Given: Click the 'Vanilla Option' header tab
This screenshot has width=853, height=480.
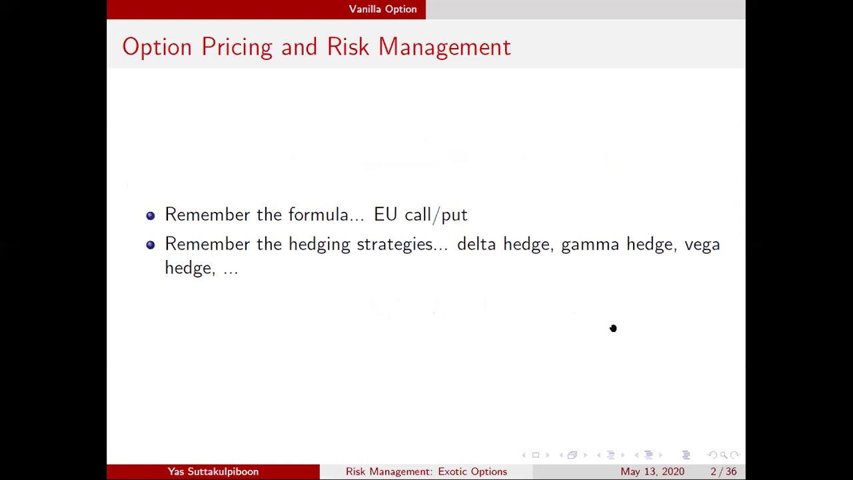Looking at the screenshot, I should pyautogui.click(x=383, y=9).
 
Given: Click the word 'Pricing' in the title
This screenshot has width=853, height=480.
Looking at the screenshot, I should pyautogui.click(x=237, y=47).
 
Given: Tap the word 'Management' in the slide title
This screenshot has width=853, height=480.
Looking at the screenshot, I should pyautogui.click(x=444, y=47).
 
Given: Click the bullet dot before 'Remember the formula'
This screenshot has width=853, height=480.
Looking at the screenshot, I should pyautogui.click(x=151, y=215).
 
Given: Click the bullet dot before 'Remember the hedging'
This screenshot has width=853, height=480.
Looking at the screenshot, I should pyautogui.click(x=151, y=245).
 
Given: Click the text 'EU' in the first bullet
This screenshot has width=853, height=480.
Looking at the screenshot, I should pyautogui.click(x=385, y=215).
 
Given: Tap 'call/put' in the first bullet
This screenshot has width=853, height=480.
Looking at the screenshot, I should pyautogui.click(x=436, y=215).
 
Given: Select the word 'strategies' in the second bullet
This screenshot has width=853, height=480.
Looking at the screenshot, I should pyautogui.click(x=402, y=245).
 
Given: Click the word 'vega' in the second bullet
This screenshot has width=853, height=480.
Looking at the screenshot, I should pyautogui.click(x=702, y=245).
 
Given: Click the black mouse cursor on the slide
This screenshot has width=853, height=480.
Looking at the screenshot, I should pyautogui.click(x=613, y=328).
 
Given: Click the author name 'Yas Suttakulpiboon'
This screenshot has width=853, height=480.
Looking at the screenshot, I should pyautogui.click(x=213, y=472).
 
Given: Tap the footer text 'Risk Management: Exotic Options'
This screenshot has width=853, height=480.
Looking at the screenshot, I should pyautogui.click(x=426, y=472).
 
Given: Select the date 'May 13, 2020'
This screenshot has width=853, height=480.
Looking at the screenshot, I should pyautogui.click(x=652, y=472).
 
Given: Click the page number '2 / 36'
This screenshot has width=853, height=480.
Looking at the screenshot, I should pyautogui.click(x=723, y=472).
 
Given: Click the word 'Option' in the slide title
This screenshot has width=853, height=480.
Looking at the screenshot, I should pyautogui.click(x=157, y=47).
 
